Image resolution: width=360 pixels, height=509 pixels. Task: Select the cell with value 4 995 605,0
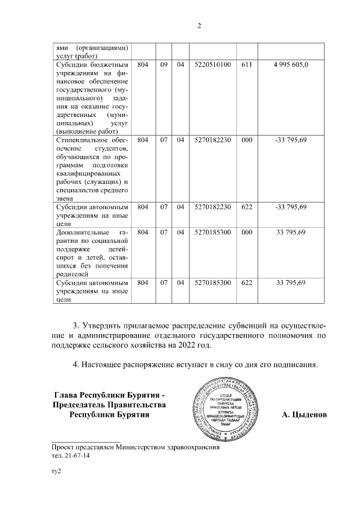click(x=291, y=65)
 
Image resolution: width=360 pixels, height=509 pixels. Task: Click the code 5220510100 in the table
click(x=212, y=65)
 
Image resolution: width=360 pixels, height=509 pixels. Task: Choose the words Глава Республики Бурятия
click(x=109, y=394)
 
